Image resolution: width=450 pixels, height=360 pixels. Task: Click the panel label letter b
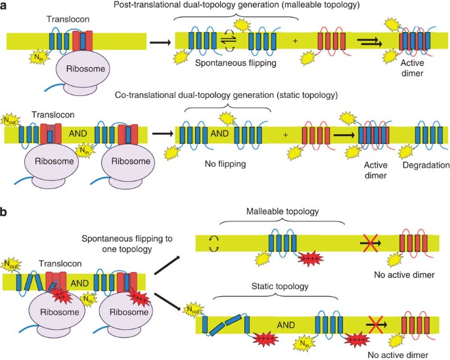[5, 213]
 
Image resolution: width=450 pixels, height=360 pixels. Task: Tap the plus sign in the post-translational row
[295, 41]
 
